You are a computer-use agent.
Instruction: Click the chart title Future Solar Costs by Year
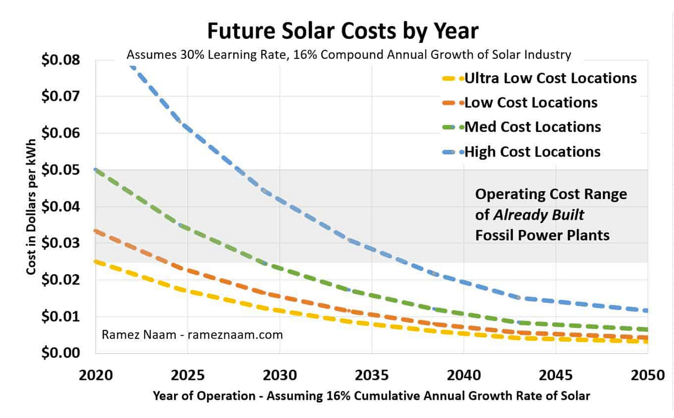[x=343, y=31]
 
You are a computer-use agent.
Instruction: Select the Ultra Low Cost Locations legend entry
[x=550, y=78]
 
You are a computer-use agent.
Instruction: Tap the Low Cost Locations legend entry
[x=530, y=103]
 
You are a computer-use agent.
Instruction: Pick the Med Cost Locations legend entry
[x=532, y=127]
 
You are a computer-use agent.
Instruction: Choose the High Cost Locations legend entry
[x=532, y=152]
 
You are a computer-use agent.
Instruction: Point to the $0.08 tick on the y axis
[x=61, y=60]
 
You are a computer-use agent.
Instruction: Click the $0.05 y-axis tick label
[x=61, y=170]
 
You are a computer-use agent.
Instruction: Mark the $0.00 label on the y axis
[x=61, y=353]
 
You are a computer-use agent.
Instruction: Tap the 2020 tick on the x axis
[x=96, y=375]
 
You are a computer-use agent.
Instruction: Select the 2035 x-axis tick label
[x=372, y=375]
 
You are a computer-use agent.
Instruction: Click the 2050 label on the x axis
[x=647, y=375]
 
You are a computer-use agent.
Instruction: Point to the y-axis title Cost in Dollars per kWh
[x=31, y=206]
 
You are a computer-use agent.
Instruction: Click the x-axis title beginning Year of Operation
[x=371, y=396]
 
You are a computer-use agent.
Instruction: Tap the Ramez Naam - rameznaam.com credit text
[x=192, y=335]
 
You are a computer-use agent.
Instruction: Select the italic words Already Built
[x=538, y=215]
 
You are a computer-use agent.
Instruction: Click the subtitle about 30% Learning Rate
[x=349, y=55]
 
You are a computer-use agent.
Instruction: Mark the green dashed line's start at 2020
[x=96, y=169]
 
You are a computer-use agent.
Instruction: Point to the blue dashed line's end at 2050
[x=646, y=310]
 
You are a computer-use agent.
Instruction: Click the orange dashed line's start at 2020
[x=96, y=230]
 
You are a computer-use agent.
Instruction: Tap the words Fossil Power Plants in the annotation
[x=542, y=235]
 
